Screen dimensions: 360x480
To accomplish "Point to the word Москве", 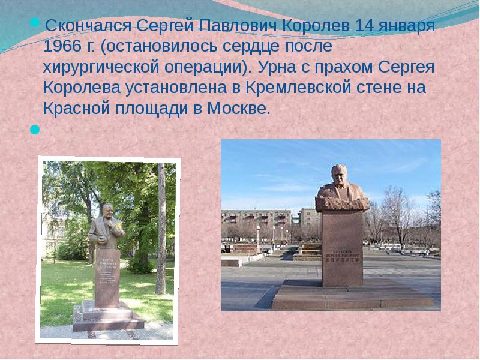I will [x=238, y=109].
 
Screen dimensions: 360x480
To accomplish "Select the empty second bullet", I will [x=34, y=128].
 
